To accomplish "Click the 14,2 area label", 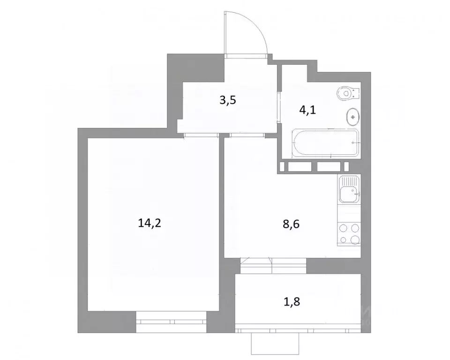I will pyautogui.click(x=150, y=223).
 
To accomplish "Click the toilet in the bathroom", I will pyautogui.click(x=347, y=93).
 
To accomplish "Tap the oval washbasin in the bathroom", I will pyautogui.click(x=352, y=117).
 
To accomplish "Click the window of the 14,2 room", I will pyautogui.click(x=171, y=322).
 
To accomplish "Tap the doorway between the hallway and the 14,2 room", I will pyautogui.click(x=201, y=135).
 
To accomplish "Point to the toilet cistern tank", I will pyautogui.click(x=357, y=93).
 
